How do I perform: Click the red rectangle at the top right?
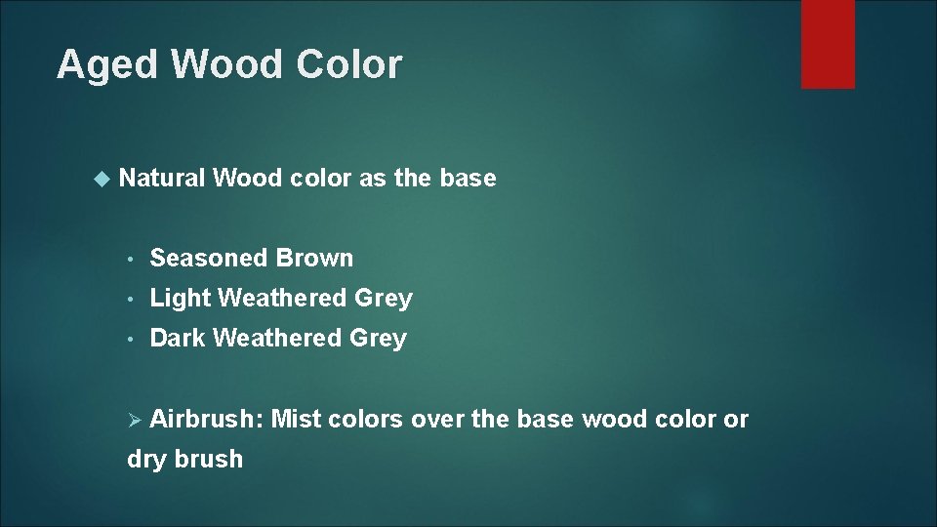pyautogui.click(x=828, y=44)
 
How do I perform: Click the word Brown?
pyautogui.click(x=314, y=259)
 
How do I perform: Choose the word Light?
pyautogui.click(x=181, y=299)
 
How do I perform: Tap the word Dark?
pyautogui.click(x=178, y=339)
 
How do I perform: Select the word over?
pyautogui.click(x=438, y=420)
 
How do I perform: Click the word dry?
pyautogui.click(x=147, y=460)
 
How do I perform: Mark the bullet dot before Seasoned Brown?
pyautogui.click(x=131, y=260)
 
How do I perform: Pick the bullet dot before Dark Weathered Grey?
pyautogui.click(x=131, y=340)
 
